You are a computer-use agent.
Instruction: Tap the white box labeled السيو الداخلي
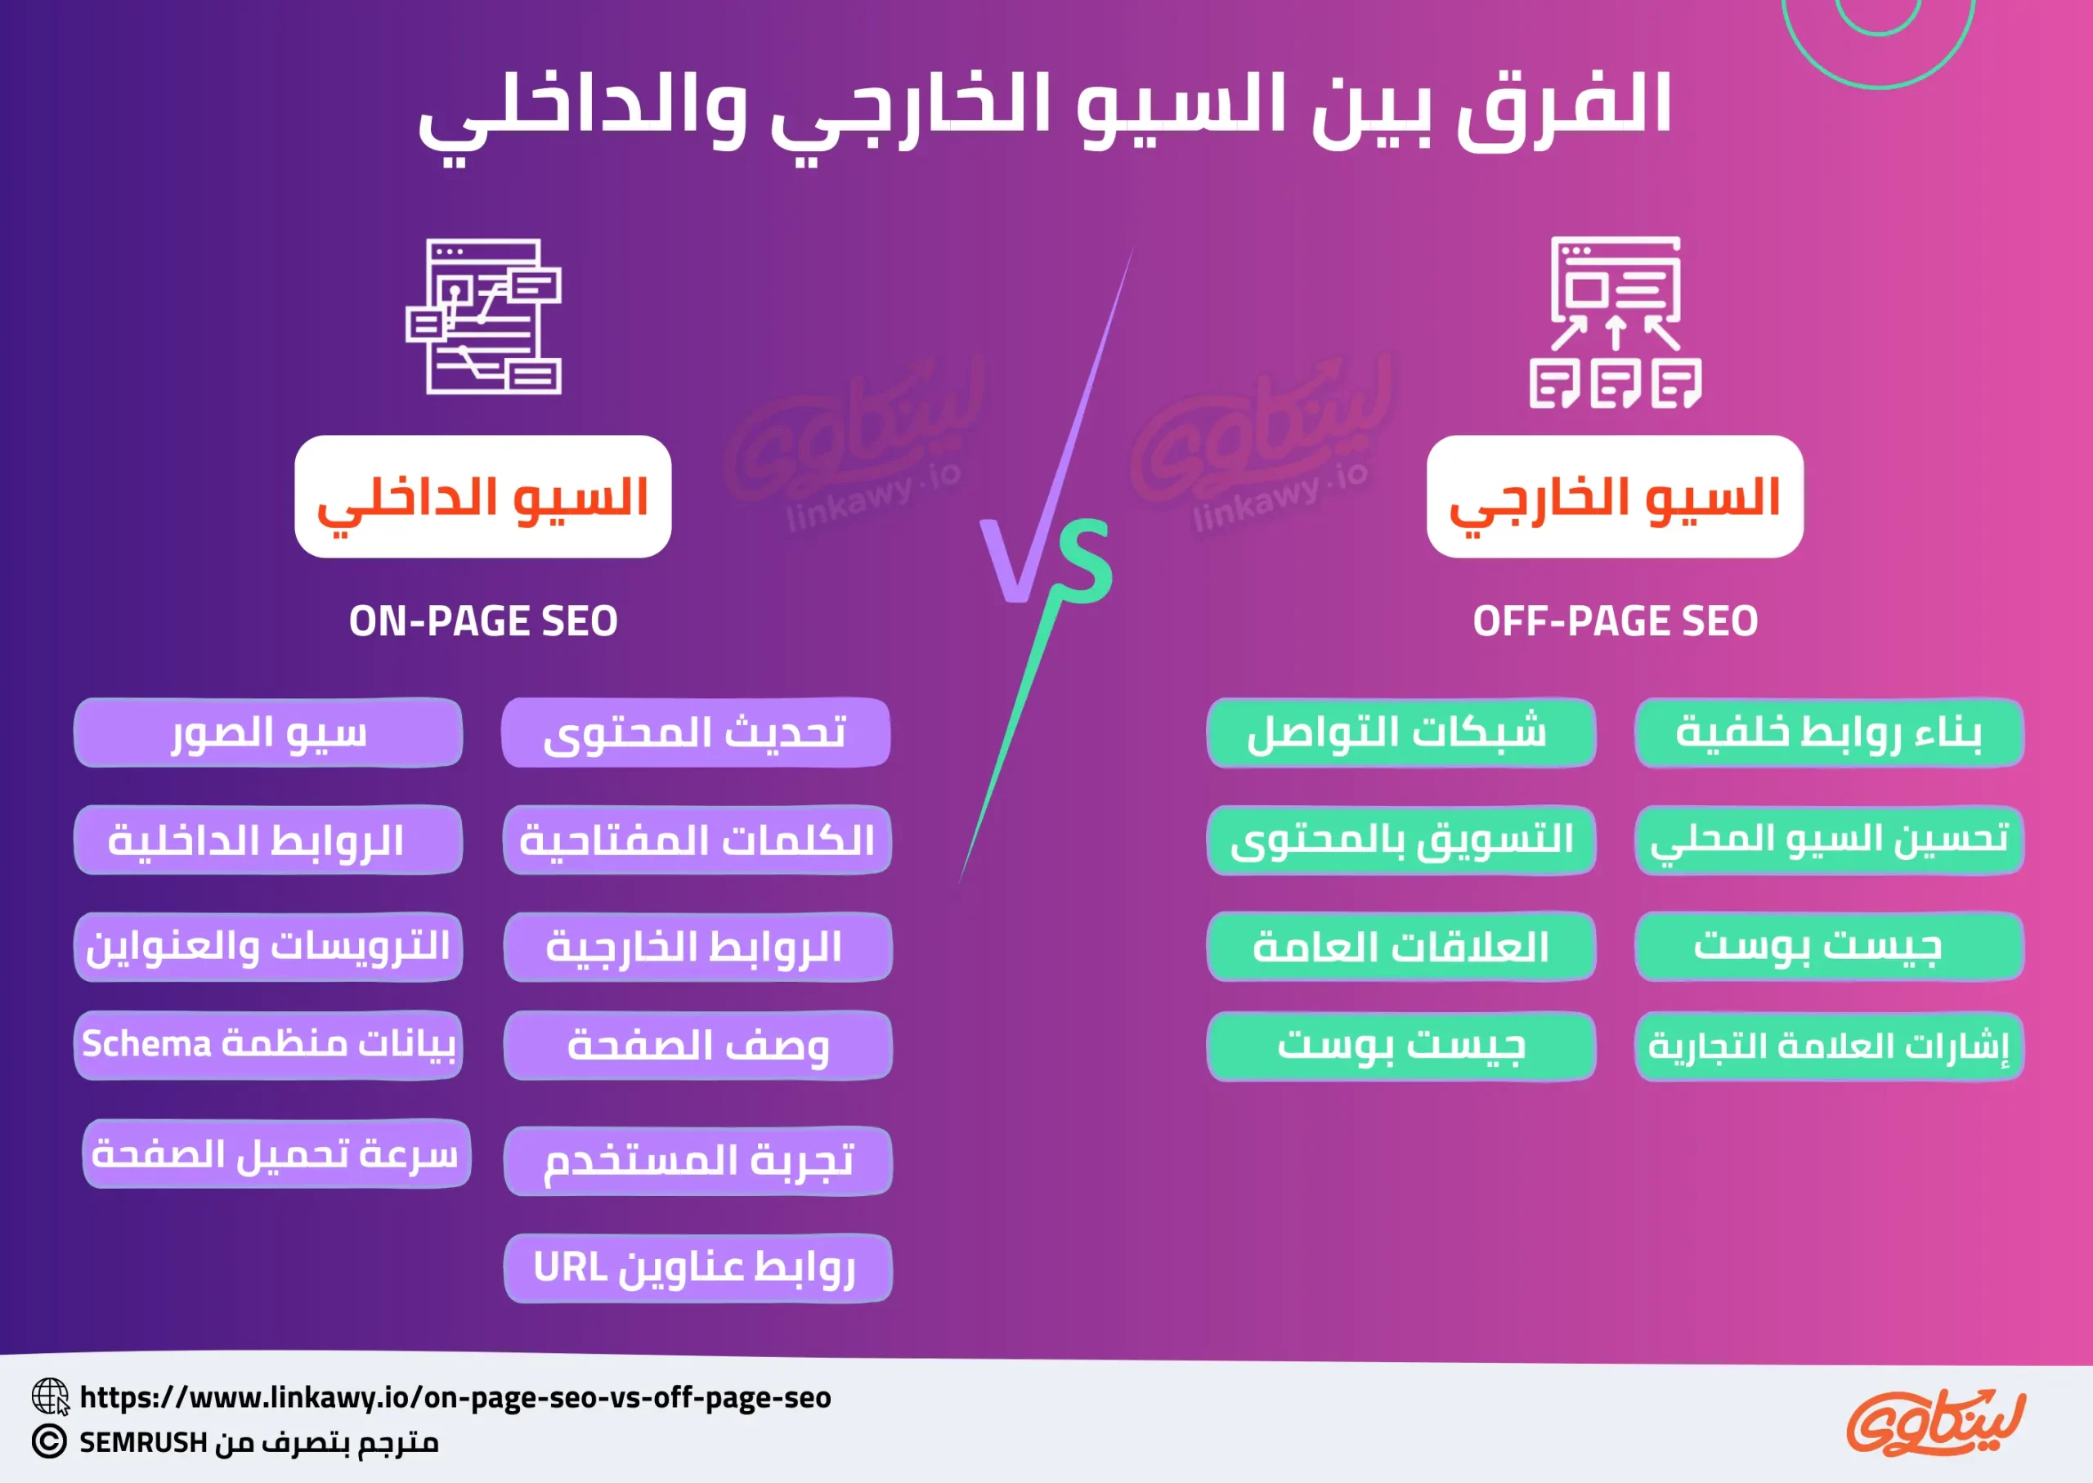pos(483,497)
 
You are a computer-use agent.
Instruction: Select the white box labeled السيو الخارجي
pos(1615,497)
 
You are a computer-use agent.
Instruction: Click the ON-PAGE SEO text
pos(483,621)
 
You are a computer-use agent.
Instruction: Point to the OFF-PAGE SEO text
pos(1615,621)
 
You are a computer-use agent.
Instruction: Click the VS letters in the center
pos(1046,561)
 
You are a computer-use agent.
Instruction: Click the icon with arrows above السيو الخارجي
pos(1616,322)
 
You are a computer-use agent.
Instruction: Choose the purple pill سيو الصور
pos(268,733)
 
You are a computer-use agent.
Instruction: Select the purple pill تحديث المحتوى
pos(696,733)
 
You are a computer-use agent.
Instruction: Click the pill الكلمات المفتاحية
pos(697,840)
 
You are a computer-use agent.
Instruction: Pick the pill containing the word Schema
pos(268,1045)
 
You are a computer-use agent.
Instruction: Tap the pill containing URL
pos(697,1267)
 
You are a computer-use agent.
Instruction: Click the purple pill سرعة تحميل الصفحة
pos(276,1154)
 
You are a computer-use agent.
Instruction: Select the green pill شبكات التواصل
pos(1401,733)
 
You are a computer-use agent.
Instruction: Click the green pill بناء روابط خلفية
pos(1829,733)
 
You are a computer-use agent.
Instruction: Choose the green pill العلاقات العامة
pos(1401,946)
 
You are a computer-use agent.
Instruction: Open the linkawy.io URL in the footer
pos(455,1397)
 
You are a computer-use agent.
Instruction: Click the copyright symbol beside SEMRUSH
pos(49,1442)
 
